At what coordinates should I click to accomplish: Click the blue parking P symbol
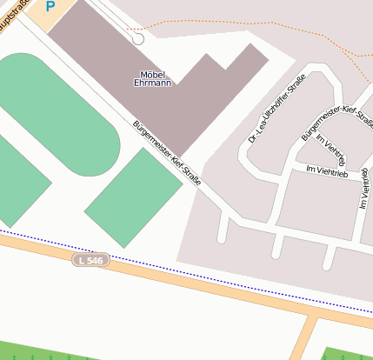pyautogui.click(x=50, y=6)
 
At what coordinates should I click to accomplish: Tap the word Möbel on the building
pyautogui.click(x=153, y=74)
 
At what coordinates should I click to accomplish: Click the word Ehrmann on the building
pyautogui.click(x=153, y=83)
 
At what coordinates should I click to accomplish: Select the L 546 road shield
pyautogui.click(x=90, y=260)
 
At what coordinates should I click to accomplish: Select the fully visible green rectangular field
pyautogui.click(x=133, y=197)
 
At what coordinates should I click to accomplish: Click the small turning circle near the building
pyautogui.click(x=137, y=39)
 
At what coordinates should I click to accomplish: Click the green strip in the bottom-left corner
pyautogui.click(x=52, y=355)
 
